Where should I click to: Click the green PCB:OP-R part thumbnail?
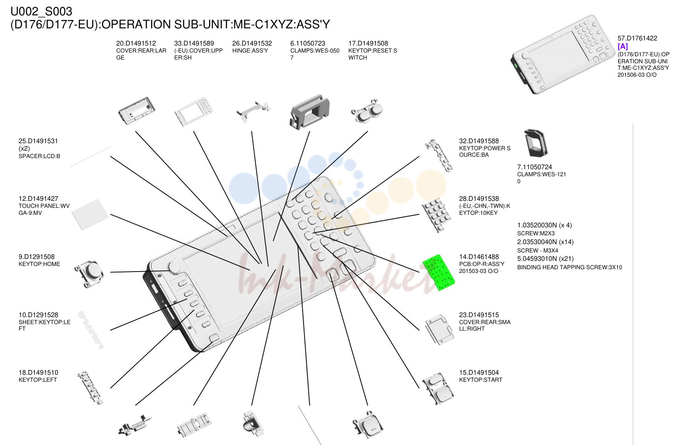click(439, 272)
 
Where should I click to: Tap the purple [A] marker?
click(623, 46)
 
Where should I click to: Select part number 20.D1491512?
click(136, 43)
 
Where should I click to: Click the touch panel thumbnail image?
click(90, 214)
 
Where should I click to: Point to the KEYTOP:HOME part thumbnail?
click(89, 273)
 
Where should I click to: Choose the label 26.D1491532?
click(252, 43)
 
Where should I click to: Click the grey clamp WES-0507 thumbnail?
click(309, 112)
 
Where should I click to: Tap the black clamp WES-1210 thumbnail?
click(536, 143)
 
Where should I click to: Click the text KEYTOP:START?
click(481, 380)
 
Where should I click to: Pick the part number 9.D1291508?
click(37, 257)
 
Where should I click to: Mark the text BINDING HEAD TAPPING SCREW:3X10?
click(569, 267)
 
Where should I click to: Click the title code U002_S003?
click(41, 12)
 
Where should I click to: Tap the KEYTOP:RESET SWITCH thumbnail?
click(367, 111)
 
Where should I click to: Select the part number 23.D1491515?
click(479, 315)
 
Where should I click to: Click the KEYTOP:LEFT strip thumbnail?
click(90, 388)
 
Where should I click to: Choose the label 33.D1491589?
click(194, 43)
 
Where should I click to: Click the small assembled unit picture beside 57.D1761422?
click(562, 54)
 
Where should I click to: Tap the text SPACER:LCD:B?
click(39, 156)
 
